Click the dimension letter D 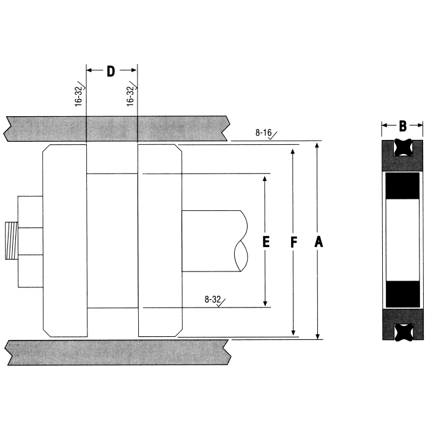(x=111, y=72)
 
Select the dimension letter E (x=265, y=242)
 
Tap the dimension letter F (x=293, y=243)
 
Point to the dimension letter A (x=318, y=243)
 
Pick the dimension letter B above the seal (x=402, y=127)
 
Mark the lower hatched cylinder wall (x=116, y=352)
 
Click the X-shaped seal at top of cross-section (x=402, y=148)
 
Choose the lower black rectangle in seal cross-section (x=402, y=293)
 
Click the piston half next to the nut (x=64, y=242)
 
